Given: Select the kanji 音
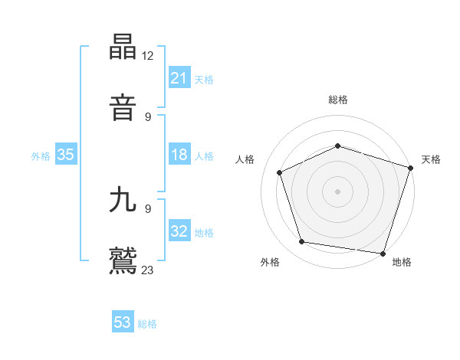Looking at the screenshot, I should click(123, 108).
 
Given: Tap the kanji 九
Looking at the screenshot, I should click(123, 200).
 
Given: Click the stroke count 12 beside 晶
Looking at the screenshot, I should click(149, 55).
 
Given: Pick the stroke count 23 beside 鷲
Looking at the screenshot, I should click(149, 269).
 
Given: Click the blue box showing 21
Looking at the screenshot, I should click(179, 79).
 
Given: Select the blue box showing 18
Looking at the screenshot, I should click(179, 155).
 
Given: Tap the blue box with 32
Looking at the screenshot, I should click(179, 232).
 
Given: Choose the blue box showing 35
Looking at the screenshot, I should click(66, 155).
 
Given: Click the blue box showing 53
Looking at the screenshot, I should click(123, 322).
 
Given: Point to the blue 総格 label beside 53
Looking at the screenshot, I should click(147, 324).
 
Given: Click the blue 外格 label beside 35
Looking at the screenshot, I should click(41, 156).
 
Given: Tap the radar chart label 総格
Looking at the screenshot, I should click(338, 100).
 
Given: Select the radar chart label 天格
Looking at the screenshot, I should click(432, 159).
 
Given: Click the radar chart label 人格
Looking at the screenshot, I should click(245, 159).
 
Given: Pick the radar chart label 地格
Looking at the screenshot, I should click(402, 262).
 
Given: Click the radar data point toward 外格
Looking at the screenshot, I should click(302, 242).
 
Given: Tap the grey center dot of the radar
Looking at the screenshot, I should click(338, 191).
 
